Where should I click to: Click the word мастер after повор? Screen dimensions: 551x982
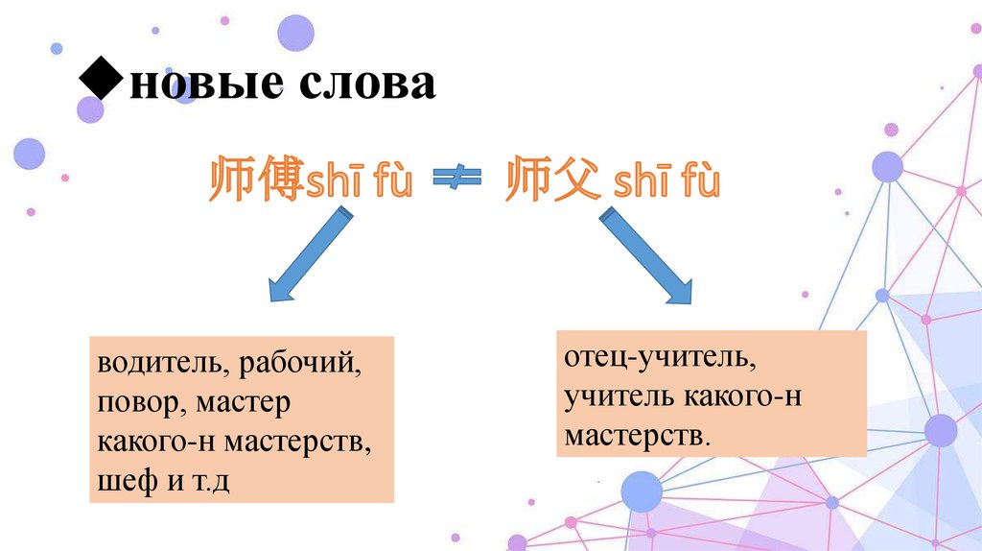[243, 404]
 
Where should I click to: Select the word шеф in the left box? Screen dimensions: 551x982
[128, 480]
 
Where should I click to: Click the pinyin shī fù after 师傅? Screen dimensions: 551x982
[359, 181]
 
